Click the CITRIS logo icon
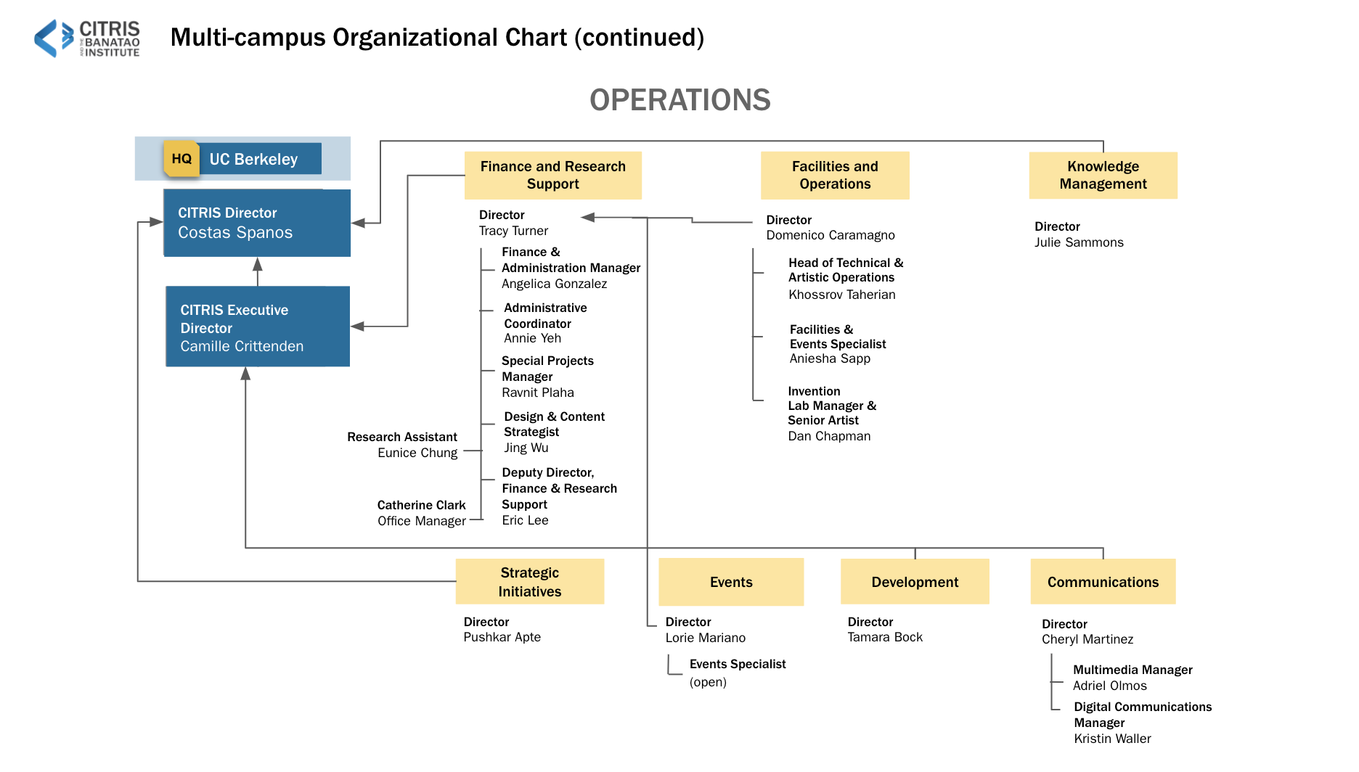(x=54, y=38)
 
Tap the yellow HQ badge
(x=181, y=158)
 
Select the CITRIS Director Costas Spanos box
(x=257, y=223)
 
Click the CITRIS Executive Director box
(x=258, y=327)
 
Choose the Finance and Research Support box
(x=553, y=176)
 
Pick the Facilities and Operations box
(x=835, y=176)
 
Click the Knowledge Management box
(x=1103, y=176)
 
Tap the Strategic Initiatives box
(x=530, y=581)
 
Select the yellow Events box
(x=731, y=582)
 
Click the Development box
(x=915, y=581)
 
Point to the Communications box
(x=1103, y=581)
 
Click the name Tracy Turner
(x=513, y=231)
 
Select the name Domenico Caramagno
(x=830, y=236)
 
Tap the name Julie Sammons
(x=1079, y=243)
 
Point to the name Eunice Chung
(x=417, y=453)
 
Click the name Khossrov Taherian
(x=842, y=295)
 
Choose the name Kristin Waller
(x=1113, y=739)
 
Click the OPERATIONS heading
(x=680, y=100)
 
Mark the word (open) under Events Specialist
(x=708, y=683)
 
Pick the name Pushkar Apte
(x=502, y=638)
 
